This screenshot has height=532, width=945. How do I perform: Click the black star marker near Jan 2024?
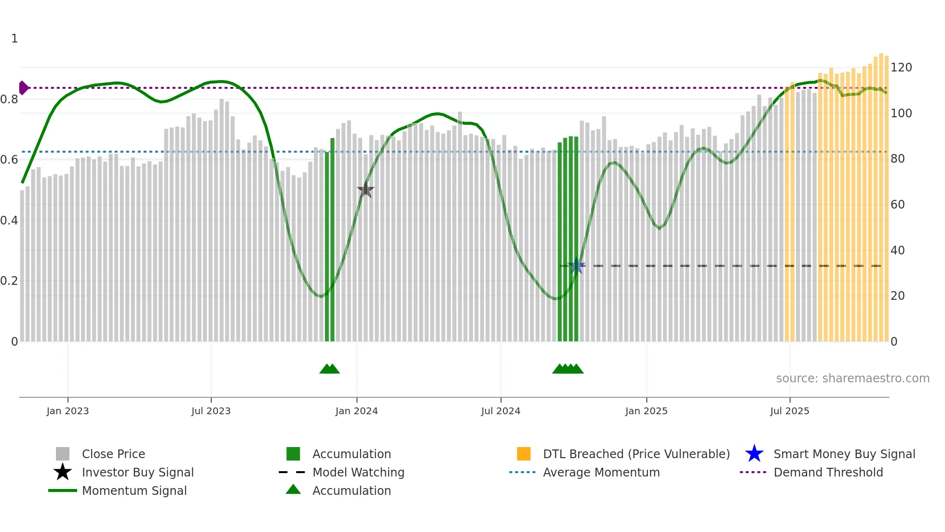(x=365, y=190)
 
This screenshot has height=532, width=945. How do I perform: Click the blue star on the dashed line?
(x=576, y=266)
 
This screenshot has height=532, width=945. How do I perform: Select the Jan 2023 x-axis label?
(x=67, y=411)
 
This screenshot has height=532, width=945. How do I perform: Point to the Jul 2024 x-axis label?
(x=500, y=411)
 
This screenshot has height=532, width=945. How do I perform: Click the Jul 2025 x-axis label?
(x=789, y=411)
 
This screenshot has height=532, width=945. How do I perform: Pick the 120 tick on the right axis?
(x=901, y=68)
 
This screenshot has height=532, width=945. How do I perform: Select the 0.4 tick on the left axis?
(x=9, y=221)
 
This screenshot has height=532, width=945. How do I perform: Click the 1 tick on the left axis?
(x=14, y=39)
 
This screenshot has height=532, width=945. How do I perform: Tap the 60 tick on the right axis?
(x=897, y=205)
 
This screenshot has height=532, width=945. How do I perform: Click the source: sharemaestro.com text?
(x=852, y=378)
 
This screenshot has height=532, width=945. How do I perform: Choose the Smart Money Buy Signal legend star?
(x=754, y=454)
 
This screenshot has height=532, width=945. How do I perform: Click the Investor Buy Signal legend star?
(x=63, y=472)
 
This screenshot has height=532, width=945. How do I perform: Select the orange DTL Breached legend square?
(x=524, y=454)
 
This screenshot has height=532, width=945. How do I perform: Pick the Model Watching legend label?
(x=358, y=472)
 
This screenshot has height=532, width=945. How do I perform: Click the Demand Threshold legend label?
(x=828, y=472)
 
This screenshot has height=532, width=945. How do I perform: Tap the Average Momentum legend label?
(x=601, y=472)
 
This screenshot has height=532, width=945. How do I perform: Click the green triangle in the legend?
(x=293, y=490)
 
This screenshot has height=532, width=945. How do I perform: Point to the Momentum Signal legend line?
(x=63, y=490)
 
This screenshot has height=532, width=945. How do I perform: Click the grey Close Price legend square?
(x=63, y=454)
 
